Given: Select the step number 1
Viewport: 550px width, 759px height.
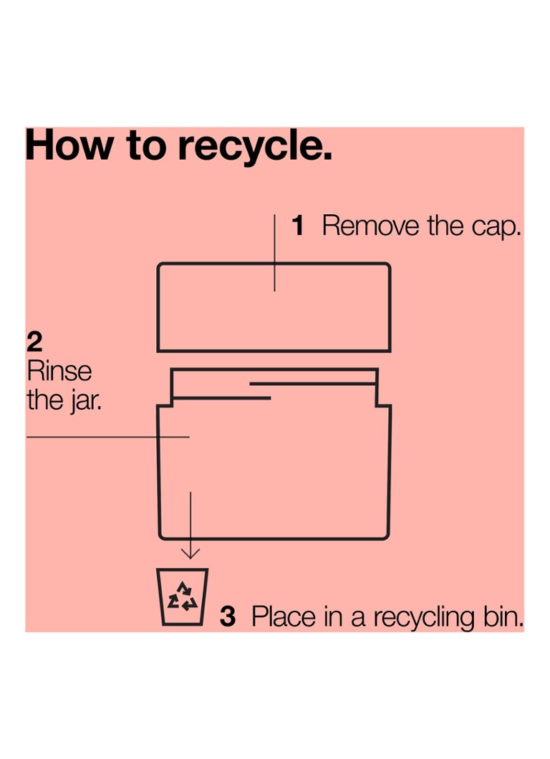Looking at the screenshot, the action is coord(298,226).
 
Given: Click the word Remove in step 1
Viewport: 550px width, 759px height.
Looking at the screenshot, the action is coord(370,226).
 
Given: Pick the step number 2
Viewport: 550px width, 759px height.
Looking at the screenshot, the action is coord(34,342).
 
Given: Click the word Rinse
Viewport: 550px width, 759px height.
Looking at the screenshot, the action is coord(59,372).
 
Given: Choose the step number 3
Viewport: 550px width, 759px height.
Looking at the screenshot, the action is coord(228,617).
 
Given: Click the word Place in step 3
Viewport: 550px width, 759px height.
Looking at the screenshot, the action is coord(283,617).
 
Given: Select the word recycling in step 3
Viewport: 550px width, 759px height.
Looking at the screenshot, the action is coord(424,619).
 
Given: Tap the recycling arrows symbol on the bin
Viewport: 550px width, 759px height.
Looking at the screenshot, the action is coord(182,596).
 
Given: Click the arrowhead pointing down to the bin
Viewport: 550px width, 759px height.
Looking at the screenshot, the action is coord(190,553).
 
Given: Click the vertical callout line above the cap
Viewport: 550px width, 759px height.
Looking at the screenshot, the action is coord(274,253).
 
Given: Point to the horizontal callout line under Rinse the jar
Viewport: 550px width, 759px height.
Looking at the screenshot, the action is coord(108,437).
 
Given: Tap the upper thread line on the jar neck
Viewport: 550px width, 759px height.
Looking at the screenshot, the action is coord(313,385).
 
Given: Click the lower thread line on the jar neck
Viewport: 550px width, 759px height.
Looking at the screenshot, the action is coord(221,398).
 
